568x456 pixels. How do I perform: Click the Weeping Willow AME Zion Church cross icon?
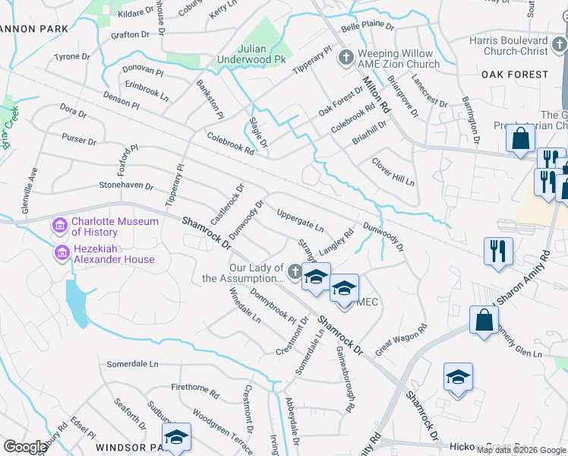(x=346, y=58)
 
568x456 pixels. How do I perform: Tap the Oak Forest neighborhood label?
(x=514, y=74)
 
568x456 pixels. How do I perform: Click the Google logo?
(x=25, y=446)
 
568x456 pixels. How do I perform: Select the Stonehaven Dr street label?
(x=126, y=185)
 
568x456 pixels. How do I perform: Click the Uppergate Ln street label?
(x=301, y=221)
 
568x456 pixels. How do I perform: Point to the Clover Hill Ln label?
(x=393, y=173)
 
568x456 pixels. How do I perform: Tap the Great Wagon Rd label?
(x=402, y=338)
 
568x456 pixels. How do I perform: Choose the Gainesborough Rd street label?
(x=346, y=379)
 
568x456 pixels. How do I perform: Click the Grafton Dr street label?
(x=130, y=35)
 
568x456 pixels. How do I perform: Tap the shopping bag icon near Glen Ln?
(x=484, y=321)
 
